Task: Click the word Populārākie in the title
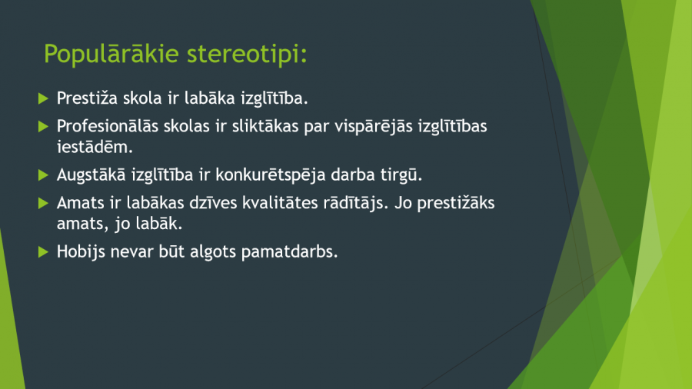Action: pos(111,54)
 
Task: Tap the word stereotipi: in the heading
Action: pos(247,54)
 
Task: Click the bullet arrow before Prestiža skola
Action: pos(43,98)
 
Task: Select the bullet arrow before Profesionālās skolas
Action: pos(43,127)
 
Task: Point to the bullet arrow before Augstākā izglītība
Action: pos(43,175)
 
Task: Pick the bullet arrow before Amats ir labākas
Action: pos(43,203)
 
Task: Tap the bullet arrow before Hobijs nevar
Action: pos(43,252)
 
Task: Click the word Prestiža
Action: pos(88,98)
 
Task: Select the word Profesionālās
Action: pos(108,126)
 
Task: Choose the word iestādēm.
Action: pos(95,147)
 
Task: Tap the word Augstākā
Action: pos(91,175)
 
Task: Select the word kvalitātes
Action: pos(280,203)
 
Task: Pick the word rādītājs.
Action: pos(356,203)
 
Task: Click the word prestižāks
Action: pos(456,203)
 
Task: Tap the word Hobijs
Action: pos(82,252)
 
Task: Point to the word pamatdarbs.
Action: pos(290,252)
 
